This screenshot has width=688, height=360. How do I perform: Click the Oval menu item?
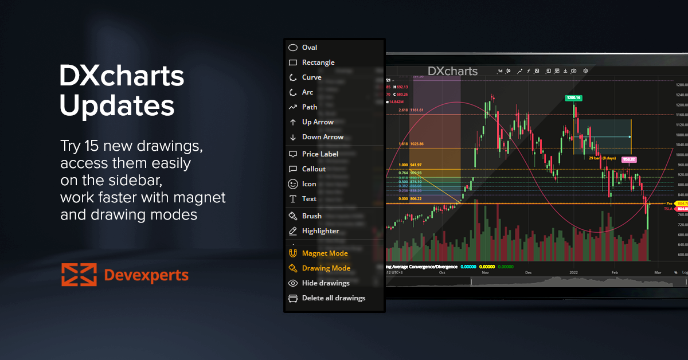[310, 48]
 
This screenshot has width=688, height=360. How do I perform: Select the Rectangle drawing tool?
[318, 62]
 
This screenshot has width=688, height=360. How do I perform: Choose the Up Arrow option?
[318, 122]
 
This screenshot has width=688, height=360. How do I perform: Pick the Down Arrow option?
[322, 137]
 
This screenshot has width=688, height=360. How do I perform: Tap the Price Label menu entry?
[320, 154]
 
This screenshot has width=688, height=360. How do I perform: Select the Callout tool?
[314, 169]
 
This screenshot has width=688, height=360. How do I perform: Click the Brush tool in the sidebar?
[312, 216]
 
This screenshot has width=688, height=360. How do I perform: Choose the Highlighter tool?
[320, 231]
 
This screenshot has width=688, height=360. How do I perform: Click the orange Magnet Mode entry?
[325, 253]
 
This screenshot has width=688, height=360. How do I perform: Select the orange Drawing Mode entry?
[326, 268]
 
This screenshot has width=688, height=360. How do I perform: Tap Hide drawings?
[326, 283]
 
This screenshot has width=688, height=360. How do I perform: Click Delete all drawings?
[333, 298]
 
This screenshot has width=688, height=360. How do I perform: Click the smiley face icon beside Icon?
[293, 184]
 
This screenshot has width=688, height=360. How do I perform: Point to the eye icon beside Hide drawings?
[293, 283]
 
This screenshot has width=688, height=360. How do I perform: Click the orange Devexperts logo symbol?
[79, 275]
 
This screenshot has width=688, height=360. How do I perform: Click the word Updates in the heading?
[117, 105]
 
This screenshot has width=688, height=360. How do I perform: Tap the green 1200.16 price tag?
[573, 98]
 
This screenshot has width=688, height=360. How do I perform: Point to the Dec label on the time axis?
[528, 273]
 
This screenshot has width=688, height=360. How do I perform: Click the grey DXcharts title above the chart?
[453, 71]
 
